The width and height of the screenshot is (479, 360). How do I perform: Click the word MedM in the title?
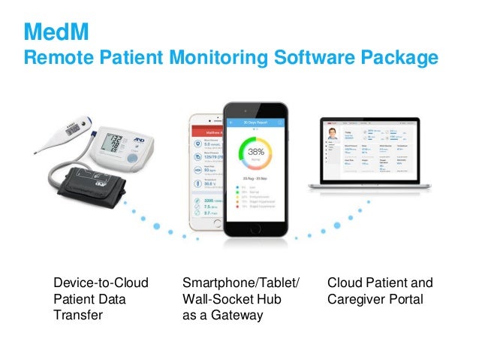[x=54, y=32]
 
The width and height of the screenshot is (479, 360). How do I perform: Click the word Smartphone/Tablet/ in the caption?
[x=241, y=283]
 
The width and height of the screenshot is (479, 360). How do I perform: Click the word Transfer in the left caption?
[x=76, y=316]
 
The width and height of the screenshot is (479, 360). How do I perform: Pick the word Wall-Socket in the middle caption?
[x=215, y=299]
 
